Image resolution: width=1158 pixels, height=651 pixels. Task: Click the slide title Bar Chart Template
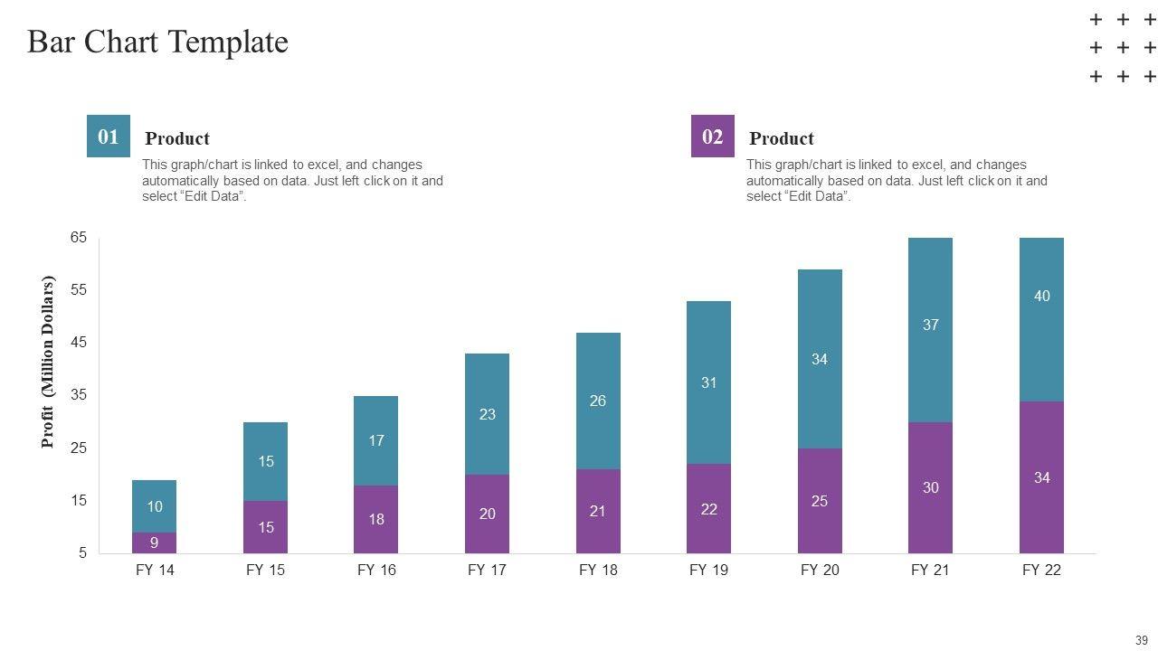click(157, 42)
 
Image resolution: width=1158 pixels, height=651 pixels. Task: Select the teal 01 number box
click(109, 137)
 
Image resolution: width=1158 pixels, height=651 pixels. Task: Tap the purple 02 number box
click(713, 137)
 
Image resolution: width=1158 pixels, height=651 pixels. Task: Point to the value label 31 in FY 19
click(708, 382)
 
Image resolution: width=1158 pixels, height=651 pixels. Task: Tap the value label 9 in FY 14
click(155, 543)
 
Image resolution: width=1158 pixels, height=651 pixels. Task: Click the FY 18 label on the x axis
click(598, 571)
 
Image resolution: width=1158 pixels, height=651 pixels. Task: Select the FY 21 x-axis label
click(930, 571)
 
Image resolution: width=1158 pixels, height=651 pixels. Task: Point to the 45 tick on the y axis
click(79, 343)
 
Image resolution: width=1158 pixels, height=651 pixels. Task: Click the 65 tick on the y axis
click(79, 238)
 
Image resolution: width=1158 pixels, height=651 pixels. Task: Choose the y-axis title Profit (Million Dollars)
click(48, 362)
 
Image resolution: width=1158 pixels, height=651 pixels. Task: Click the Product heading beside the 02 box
click(782, 138)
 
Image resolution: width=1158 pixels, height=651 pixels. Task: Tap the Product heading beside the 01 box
click(177, 138)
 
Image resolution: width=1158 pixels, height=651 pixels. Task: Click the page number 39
click(1142, 640)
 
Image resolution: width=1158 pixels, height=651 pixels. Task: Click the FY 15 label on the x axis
click(266, 571)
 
